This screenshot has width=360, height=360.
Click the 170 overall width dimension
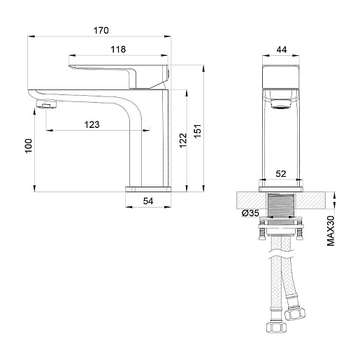tap(101, 31)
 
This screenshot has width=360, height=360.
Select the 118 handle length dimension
tap(118, 50)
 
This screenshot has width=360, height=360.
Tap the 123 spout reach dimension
tap(92, 124)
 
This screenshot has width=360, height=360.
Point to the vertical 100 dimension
tap(29, 146)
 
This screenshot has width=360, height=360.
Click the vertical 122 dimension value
tap(183, 141)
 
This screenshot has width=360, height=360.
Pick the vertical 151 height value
tap(197, 131)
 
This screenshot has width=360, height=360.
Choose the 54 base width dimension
tap(148, 201)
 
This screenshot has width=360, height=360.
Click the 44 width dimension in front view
tap(282, 50)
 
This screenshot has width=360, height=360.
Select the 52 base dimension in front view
tap(281, 174)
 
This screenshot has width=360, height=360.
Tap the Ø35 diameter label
tap(250, 213)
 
